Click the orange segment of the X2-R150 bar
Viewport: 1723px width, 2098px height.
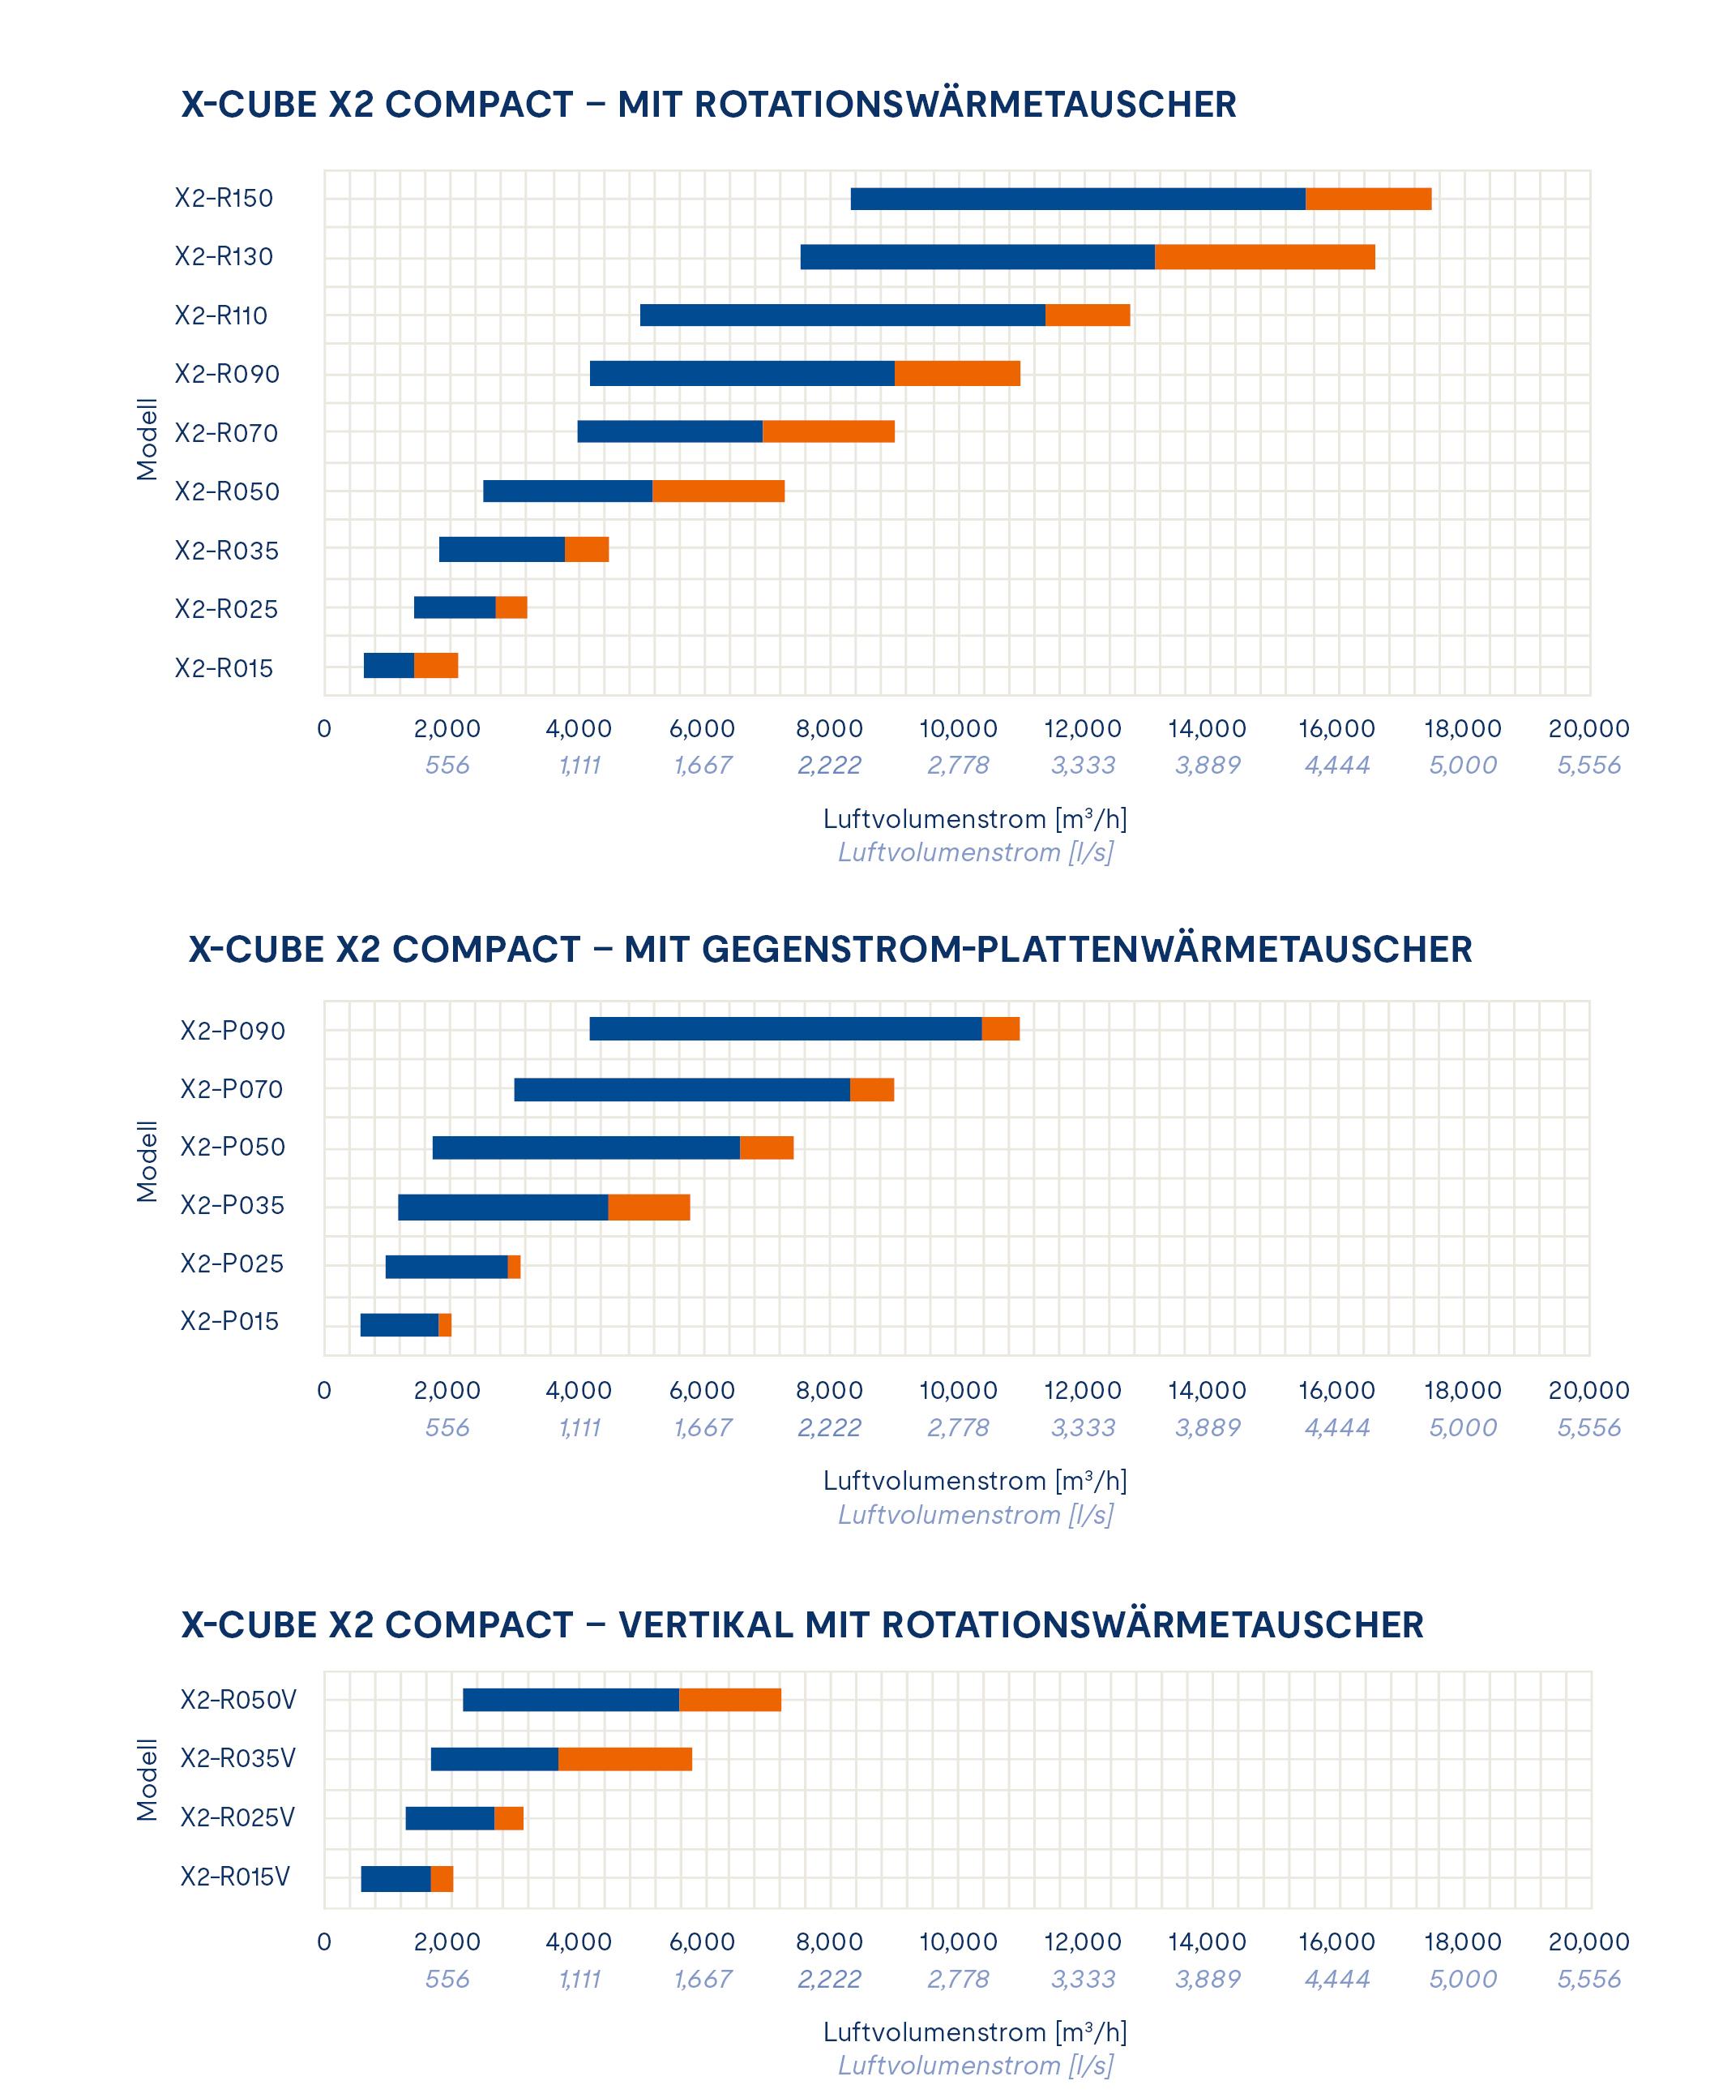pyautogui.click(x=1368, y=199)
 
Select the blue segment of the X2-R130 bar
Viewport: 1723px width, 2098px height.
pyautogui.click(x=977, y=257)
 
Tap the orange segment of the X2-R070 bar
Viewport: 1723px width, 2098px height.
pyautogui.click(x=827, y=432)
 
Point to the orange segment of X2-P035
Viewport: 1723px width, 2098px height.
pyautogui.click(x=648, y=1208)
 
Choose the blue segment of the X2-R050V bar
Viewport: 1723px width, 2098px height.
pyautogui.click(x=570, y=1700)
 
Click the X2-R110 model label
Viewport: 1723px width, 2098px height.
pyautogui.click(x=221, y=315)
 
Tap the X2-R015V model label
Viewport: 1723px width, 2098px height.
pyautogui.click(x=234, y=1877)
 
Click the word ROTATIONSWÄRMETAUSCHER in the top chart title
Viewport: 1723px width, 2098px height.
pyautogui.click(x=964, y=105)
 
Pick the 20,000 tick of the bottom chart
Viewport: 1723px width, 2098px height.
pyautogui.click(x=1588, y=1941)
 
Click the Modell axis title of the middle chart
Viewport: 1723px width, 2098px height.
pyautogui.click(x=147, y=1161)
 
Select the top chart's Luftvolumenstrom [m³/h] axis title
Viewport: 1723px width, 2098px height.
pyautogui.click(x=975, y=819)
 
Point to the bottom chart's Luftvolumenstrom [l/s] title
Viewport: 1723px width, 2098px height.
pyautogui.click(x=975, y=2066)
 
